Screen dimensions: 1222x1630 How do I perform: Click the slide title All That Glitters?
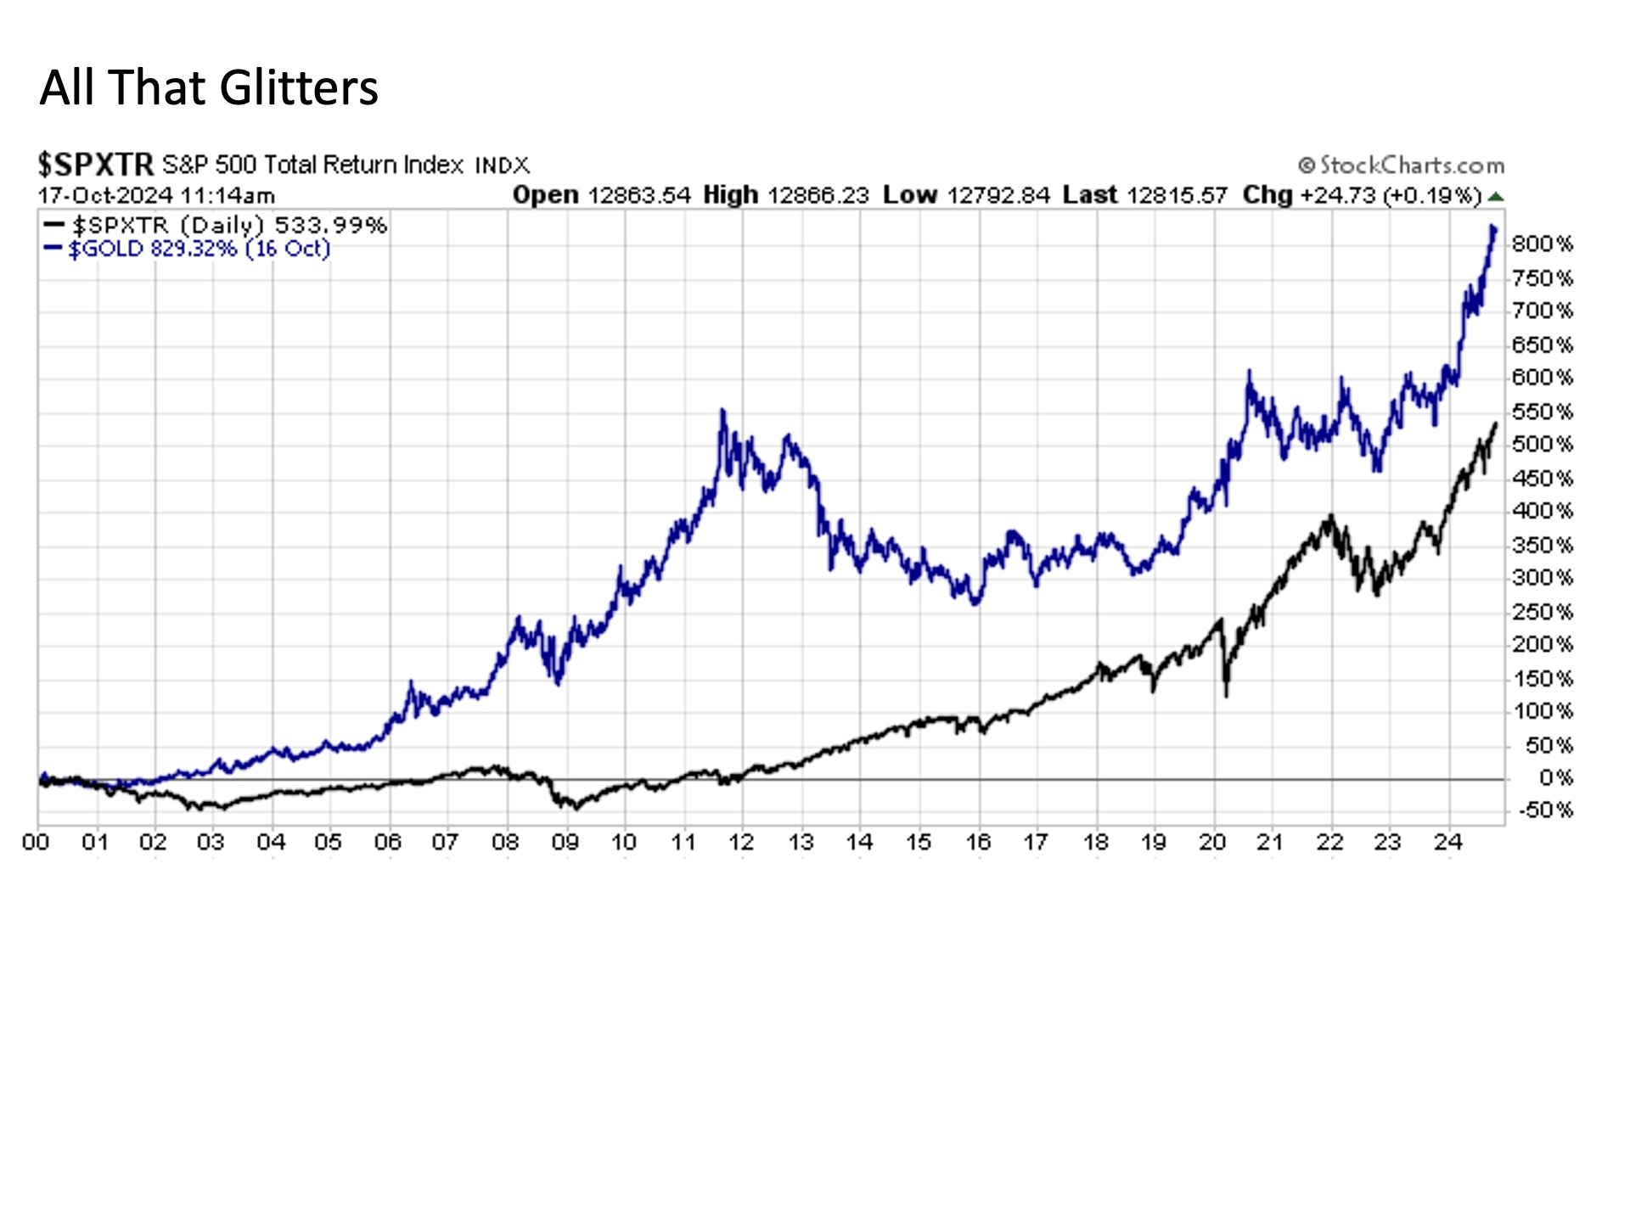[x=209, y=87]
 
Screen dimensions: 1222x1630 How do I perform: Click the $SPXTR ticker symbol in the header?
[x=95, y=164]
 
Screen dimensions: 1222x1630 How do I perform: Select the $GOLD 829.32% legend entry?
[x=197, y=249]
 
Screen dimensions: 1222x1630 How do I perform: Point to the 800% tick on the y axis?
[x=1541, y=244]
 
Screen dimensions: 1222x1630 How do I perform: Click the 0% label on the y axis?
[x=1554, y=778]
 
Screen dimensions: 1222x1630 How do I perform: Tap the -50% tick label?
[x=1544, y=810]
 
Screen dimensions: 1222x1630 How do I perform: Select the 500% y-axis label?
[x=1541, y=445]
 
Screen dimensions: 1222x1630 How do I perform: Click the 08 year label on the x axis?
[x=505, y=842]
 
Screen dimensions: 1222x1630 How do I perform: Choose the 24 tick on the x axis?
[x=1447, y=842]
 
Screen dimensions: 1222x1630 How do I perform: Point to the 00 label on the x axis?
[x=36, y=842]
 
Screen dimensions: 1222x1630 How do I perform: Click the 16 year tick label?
[x=978, y=842]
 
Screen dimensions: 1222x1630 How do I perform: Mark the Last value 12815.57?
[x=1177, y=195]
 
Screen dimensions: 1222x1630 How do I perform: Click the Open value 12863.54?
[x=638, y=195]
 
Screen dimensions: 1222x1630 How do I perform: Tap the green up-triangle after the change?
[x=1496, y=196]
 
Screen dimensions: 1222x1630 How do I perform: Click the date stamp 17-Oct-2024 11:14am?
[x=156, y=195]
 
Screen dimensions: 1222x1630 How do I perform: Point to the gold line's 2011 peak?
[x=723, y=412]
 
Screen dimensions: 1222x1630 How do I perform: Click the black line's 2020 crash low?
[x=1226, y=696]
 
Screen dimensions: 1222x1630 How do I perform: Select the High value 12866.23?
[x=818, y=195]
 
